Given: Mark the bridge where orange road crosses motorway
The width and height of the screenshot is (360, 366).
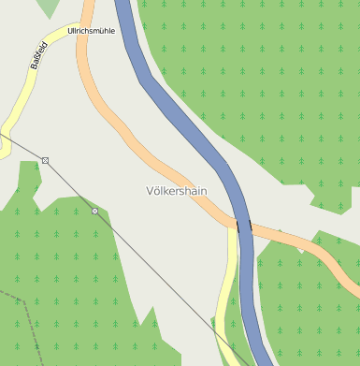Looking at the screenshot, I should [x=244, y=226].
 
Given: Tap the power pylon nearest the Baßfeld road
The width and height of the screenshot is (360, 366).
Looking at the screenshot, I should [x=45, y=161].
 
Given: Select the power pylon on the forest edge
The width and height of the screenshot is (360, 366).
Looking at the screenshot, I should [x=94, y=212].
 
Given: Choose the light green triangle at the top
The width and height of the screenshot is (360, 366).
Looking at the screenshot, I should [x=47, y=7].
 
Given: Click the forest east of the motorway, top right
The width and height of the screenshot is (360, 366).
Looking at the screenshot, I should [x=271, y=84].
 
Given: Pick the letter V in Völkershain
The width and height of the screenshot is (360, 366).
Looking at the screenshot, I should [x=151, y=190].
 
